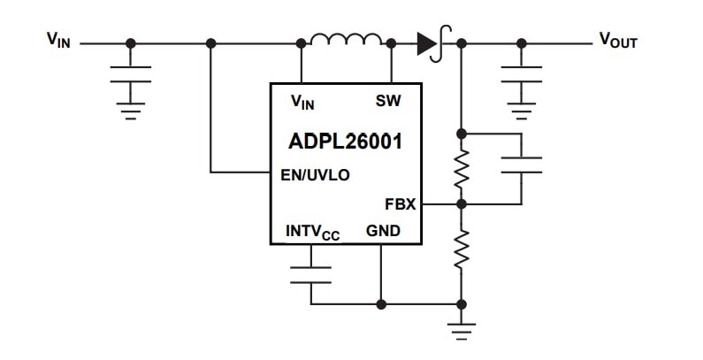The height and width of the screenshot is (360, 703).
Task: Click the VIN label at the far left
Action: click(x=60, y=40)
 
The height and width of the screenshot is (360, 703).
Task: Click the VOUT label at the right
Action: click(x=618, y=40)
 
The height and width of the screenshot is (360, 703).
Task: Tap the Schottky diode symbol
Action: click(x=432, y=42)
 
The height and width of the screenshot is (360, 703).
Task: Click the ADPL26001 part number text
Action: click(x=345, y=142)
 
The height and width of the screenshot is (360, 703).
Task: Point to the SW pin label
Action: click(x=388, y=101)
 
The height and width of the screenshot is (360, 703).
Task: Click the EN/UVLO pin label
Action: click(x=314, y=174)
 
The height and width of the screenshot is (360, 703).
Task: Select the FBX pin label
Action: click(x=400, y=203)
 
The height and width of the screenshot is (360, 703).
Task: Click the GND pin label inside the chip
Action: click(x=382, y=231)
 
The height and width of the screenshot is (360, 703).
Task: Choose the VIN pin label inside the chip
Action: click(x=302, y=102)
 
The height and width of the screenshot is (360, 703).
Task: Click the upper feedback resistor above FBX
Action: click(x=460, y=169)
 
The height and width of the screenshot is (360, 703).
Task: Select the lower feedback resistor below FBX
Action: click(x=460, y=250)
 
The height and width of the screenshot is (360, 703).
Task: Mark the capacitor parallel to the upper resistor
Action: click(x=521, y=165)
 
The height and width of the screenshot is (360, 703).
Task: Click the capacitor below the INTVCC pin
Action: click(x=311, y=273)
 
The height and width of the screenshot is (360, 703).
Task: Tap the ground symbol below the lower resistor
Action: click(x=460, y=332)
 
